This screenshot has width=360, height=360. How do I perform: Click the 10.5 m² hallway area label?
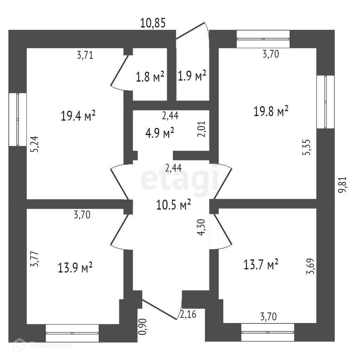[x=174, y=204]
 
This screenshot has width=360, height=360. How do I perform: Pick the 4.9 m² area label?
[x=160, y=133]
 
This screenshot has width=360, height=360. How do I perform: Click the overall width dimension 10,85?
[x=153, y=23]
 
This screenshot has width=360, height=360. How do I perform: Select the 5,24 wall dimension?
[x=34, y=144]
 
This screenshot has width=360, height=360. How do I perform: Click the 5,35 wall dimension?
[x=307, y=147]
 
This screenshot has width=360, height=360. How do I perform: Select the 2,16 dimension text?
[x=188, y=314]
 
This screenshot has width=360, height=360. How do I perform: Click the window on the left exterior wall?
[x=18, y=119]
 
